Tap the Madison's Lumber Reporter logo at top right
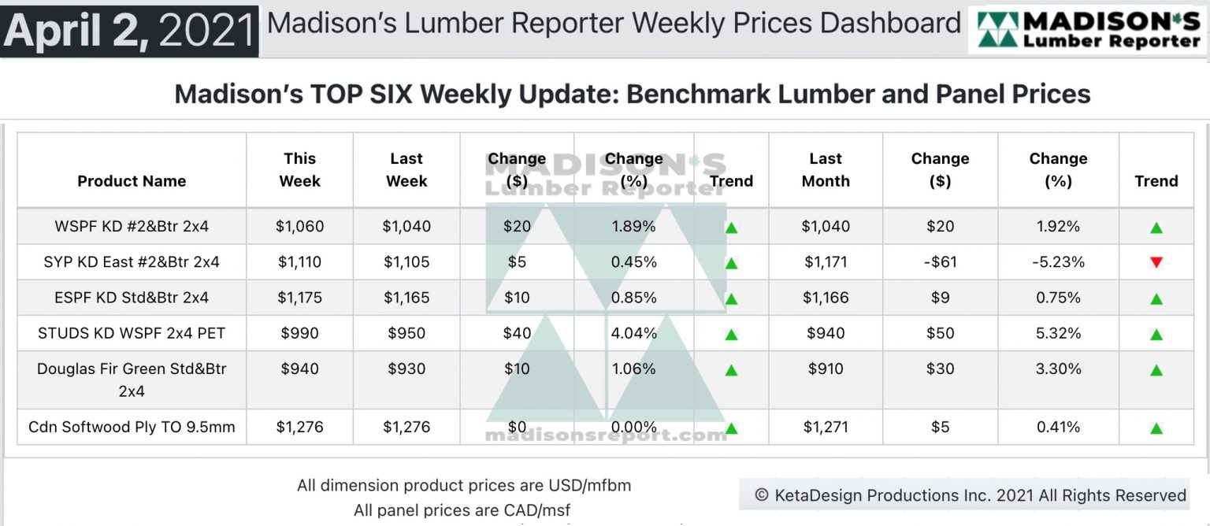tap(1088, 31)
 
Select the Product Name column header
tap(132, 181)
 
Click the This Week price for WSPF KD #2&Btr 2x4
tap(299, 227)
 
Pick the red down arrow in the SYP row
tap(1156, 262)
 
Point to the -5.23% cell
tap(1058, 262)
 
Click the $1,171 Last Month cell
tap(825, 262)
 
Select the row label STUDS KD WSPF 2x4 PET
tap(132, 333)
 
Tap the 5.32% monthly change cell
tap(1058, 333)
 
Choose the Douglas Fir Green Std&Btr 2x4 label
tap(132, 380)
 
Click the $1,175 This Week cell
tap(299, 298)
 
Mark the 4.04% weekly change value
tap(633, 333)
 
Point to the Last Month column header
tap(825, 169)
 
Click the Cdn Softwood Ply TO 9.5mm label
tap(132, 427)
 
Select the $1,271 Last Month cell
tap(825, 427)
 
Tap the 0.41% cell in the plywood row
tap(1058, 427)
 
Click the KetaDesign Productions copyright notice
tap(970, 495)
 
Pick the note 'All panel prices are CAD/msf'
tap(462, 510)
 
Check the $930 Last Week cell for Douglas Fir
tap(406, 369)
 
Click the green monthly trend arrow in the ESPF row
tap(1156, 298)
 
